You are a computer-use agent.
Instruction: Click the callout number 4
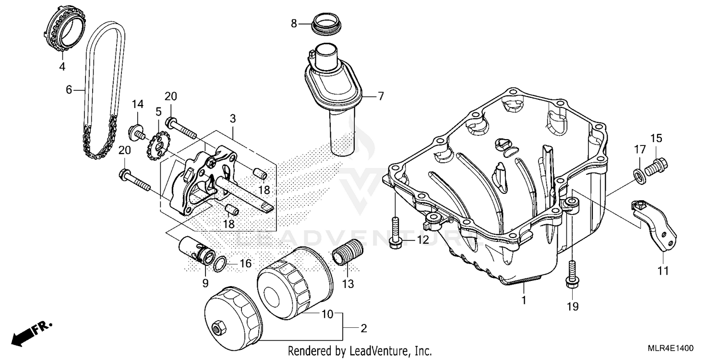click(x=62, y=67)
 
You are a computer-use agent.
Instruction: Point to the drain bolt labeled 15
click(x=656, y=167)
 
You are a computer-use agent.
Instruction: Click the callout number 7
click(x=381, y=96)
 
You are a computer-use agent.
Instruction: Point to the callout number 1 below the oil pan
click(x=524, y=300)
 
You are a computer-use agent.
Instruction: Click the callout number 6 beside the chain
click(x=68, y=89)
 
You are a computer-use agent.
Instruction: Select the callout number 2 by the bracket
click(x=363, y=329)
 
